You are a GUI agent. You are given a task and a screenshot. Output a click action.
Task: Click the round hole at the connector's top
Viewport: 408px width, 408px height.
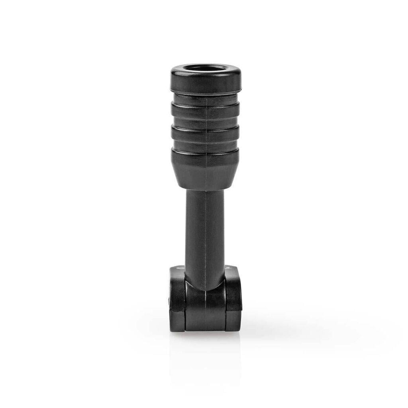coord(206,68)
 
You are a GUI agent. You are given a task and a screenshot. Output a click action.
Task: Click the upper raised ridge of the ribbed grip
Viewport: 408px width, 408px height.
coord(206,110)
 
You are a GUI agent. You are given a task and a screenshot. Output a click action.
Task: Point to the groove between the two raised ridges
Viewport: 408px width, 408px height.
coord(206,122)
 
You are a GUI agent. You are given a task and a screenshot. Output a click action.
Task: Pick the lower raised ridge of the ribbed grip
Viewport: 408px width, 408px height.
coord(206,133)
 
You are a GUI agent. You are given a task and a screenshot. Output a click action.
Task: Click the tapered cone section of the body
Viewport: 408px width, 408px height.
coord(206,169)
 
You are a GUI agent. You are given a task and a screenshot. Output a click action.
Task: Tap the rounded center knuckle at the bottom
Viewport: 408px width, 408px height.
coord(205,303)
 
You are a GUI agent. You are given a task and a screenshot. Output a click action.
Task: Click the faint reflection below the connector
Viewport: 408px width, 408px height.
coord(205,351)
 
